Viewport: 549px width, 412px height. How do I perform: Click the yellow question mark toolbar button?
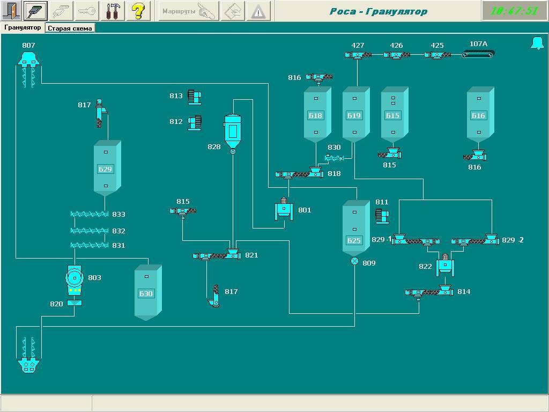(x=138, y=11)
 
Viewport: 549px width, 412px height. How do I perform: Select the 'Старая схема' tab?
(x=70, y=28)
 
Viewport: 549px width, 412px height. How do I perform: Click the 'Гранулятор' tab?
(x=23, y=27)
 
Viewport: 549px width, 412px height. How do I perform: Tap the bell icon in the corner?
(x=537, y=43)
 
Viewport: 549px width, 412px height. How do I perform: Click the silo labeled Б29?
(x=106, y=168)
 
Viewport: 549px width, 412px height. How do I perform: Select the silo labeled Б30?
(x=147, y=293)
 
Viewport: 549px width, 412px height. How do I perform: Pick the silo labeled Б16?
(x=479, y=115)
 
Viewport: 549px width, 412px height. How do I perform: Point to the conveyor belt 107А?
(x=478, y=54)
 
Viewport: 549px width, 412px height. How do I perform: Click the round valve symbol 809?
(x=354, y=261)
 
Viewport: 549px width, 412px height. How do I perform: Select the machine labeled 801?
(x=284, y=209)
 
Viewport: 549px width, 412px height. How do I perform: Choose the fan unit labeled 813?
(x=194, y=97)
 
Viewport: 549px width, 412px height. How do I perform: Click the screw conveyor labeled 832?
(x=90, y=231)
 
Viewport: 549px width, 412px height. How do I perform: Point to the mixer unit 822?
(x=445, y=266)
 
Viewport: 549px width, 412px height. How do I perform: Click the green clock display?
(x=514, y=11)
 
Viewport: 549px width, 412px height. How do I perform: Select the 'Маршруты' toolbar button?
(x=188, y=11)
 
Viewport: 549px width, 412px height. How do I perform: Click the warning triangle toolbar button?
(x=258, y=11)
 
